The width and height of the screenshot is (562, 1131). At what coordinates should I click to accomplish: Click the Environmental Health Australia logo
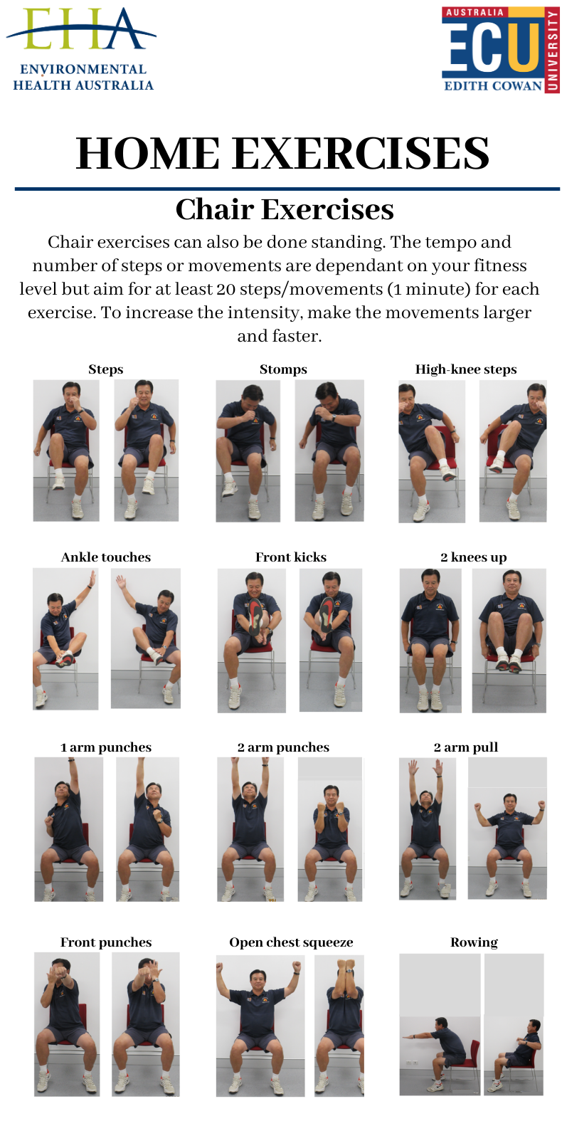coord(80,50)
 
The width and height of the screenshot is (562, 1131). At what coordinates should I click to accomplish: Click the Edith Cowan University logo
coord(500,50)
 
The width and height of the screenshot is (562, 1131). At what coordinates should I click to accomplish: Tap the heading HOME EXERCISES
coord(282,153)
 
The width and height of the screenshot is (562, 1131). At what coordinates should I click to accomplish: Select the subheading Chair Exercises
coord(285,209)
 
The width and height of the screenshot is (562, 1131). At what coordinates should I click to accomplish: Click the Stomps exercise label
coord(284,369)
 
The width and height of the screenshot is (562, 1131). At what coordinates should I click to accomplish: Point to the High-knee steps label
coord(466,369)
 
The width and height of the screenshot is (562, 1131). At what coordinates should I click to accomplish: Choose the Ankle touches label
coord(106,557)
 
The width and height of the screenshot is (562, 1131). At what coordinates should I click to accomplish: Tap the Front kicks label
coord(291,557)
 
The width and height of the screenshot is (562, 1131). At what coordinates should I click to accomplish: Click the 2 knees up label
coord(474,557)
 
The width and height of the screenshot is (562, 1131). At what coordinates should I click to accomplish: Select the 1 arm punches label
coord(106,747)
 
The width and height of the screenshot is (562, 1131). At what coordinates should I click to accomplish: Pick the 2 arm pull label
coord(466,747)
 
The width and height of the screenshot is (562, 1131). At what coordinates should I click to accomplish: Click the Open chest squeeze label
coord(291,942)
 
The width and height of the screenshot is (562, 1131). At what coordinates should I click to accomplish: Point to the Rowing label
coord(474,942)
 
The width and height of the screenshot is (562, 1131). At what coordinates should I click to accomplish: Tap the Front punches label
coord(106,942)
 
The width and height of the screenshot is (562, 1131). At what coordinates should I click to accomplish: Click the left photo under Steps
coord(66,451)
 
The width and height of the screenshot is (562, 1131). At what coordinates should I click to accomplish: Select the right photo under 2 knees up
coord(509,641)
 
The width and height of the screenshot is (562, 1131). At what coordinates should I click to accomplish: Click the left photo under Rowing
coord(440,1024)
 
